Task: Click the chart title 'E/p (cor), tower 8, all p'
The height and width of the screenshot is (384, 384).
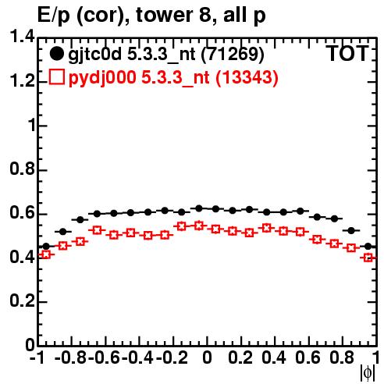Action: point(151,16)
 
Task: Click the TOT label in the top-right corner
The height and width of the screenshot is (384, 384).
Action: point(347,53)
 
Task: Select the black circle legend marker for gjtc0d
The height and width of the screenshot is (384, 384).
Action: point(56,54)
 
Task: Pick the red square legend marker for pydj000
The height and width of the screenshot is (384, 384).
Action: point(57,77)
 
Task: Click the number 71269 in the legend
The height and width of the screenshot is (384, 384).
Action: point(233,54)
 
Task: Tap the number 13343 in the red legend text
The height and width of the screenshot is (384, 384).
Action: point(247,77)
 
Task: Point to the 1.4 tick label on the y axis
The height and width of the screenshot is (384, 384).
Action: point(22,37)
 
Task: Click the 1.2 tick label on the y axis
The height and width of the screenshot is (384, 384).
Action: point(22,80)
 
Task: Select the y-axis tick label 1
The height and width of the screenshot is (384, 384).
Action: point(31,125)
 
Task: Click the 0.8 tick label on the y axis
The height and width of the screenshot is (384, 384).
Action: point(22,169)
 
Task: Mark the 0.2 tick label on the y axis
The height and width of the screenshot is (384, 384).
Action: point(22,300)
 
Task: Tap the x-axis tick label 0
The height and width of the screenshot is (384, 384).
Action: point(207,357)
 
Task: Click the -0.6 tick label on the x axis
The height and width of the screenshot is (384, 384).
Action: point(105,357)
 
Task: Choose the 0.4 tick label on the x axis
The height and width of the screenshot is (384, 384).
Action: point(274,357)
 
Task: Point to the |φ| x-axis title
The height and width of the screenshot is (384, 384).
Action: point(368,373)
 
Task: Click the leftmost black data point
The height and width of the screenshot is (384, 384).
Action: point(46,246)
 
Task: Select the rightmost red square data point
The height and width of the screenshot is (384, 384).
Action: point(368,258)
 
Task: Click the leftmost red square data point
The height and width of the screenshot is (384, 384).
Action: point(46,254)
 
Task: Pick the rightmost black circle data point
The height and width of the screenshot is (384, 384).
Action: point(368,246)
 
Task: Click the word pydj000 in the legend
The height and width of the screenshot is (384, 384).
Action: point(102,77)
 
